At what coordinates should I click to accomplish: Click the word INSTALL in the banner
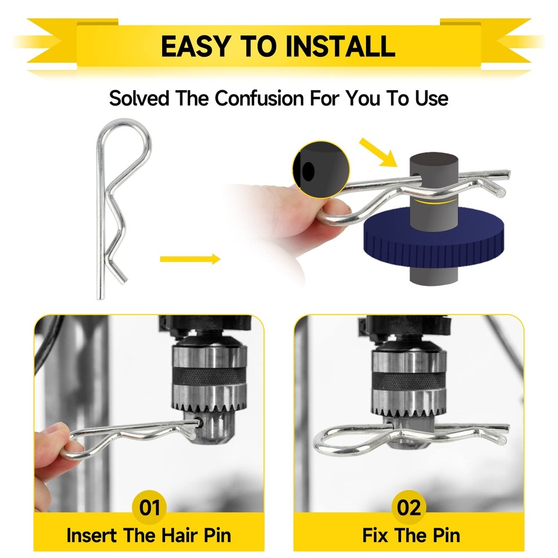(x=340, y=46)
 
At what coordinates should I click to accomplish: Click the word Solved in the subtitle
(x=139, y=98)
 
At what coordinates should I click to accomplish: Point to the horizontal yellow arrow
(x=190, y=259)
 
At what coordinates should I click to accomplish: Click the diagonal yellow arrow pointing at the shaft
(x=378, y=152)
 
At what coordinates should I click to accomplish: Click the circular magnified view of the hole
(x=321, y=170)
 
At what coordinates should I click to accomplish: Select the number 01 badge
(x=149, y=507)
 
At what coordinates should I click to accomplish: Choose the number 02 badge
(x=409, y=507)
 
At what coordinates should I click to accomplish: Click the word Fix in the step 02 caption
(x=376, y=535)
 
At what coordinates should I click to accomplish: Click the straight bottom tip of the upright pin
(x=101, y=297)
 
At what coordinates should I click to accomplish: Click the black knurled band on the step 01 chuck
(x=209, y=375)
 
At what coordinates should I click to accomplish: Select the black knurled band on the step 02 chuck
(x=409, y=380)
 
